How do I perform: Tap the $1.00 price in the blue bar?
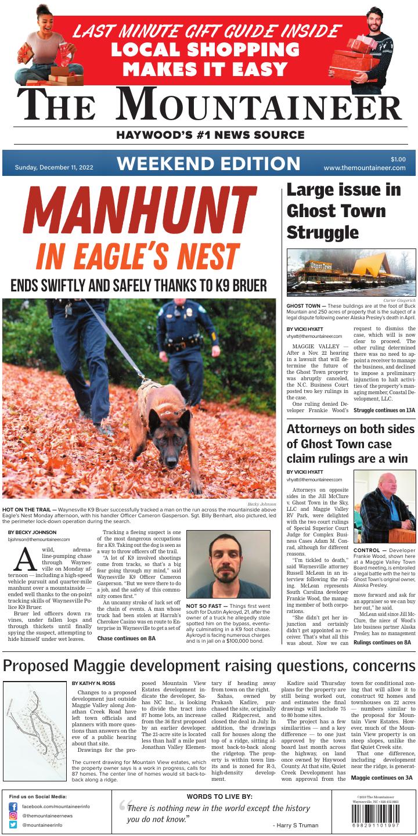point(398,159)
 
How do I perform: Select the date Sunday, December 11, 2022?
point(54,168)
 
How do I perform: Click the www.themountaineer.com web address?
point(365,168)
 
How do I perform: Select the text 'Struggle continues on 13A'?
point(384,410)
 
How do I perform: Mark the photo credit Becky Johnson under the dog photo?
point(262,505)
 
